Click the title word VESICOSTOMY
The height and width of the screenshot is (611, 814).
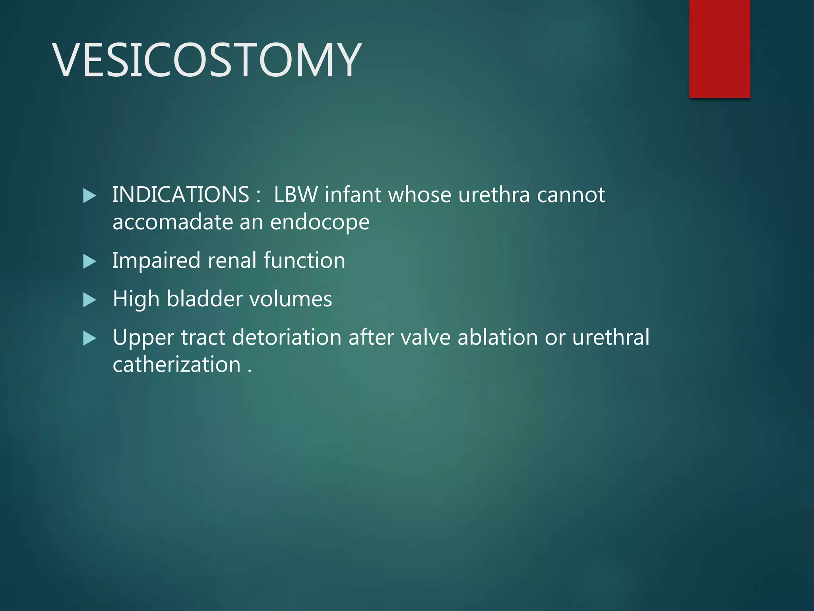207,60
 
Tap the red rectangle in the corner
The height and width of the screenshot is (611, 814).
719,49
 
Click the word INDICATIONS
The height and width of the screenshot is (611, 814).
180,195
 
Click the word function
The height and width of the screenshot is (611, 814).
304,261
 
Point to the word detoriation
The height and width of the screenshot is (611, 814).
287,338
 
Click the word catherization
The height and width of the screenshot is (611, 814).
176,365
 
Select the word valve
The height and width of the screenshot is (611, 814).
425,338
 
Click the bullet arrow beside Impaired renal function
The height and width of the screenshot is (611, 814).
90,262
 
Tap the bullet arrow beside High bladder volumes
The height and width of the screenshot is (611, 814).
90,300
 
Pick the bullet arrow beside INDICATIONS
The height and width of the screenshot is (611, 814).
90,196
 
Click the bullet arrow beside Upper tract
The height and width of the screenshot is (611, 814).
90,339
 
